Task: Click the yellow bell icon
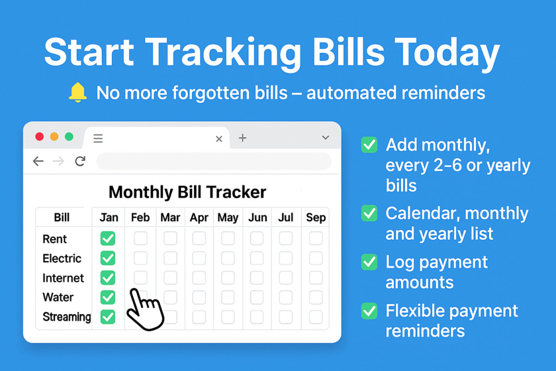point(77,92)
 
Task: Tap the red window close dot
point(39,136)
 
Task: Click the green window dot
point(69,136)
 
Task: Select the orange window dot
point(54,136)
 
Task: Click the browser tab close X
point(219,139)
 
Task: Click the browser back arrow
point(38,161)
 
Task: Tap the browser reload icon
point(81,161)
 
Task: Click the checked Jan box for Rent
point(108,238)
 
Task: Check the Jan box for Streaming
point(108,317)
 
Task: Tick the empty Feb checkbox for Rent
point(140,238)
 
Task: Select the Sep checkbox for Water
point(316,297)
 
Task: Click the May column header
point(228,217)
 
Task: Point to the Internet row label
point(63,278)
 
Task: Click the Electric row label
point(62,258)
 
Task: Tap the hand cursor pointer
point(145,309)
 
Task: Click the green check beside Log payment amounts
point(369,262)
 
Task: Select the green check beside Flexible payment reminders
point(369,311)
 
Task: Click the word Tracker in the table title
point(236,192)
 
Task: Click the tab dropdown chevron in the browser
point(326,137)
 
